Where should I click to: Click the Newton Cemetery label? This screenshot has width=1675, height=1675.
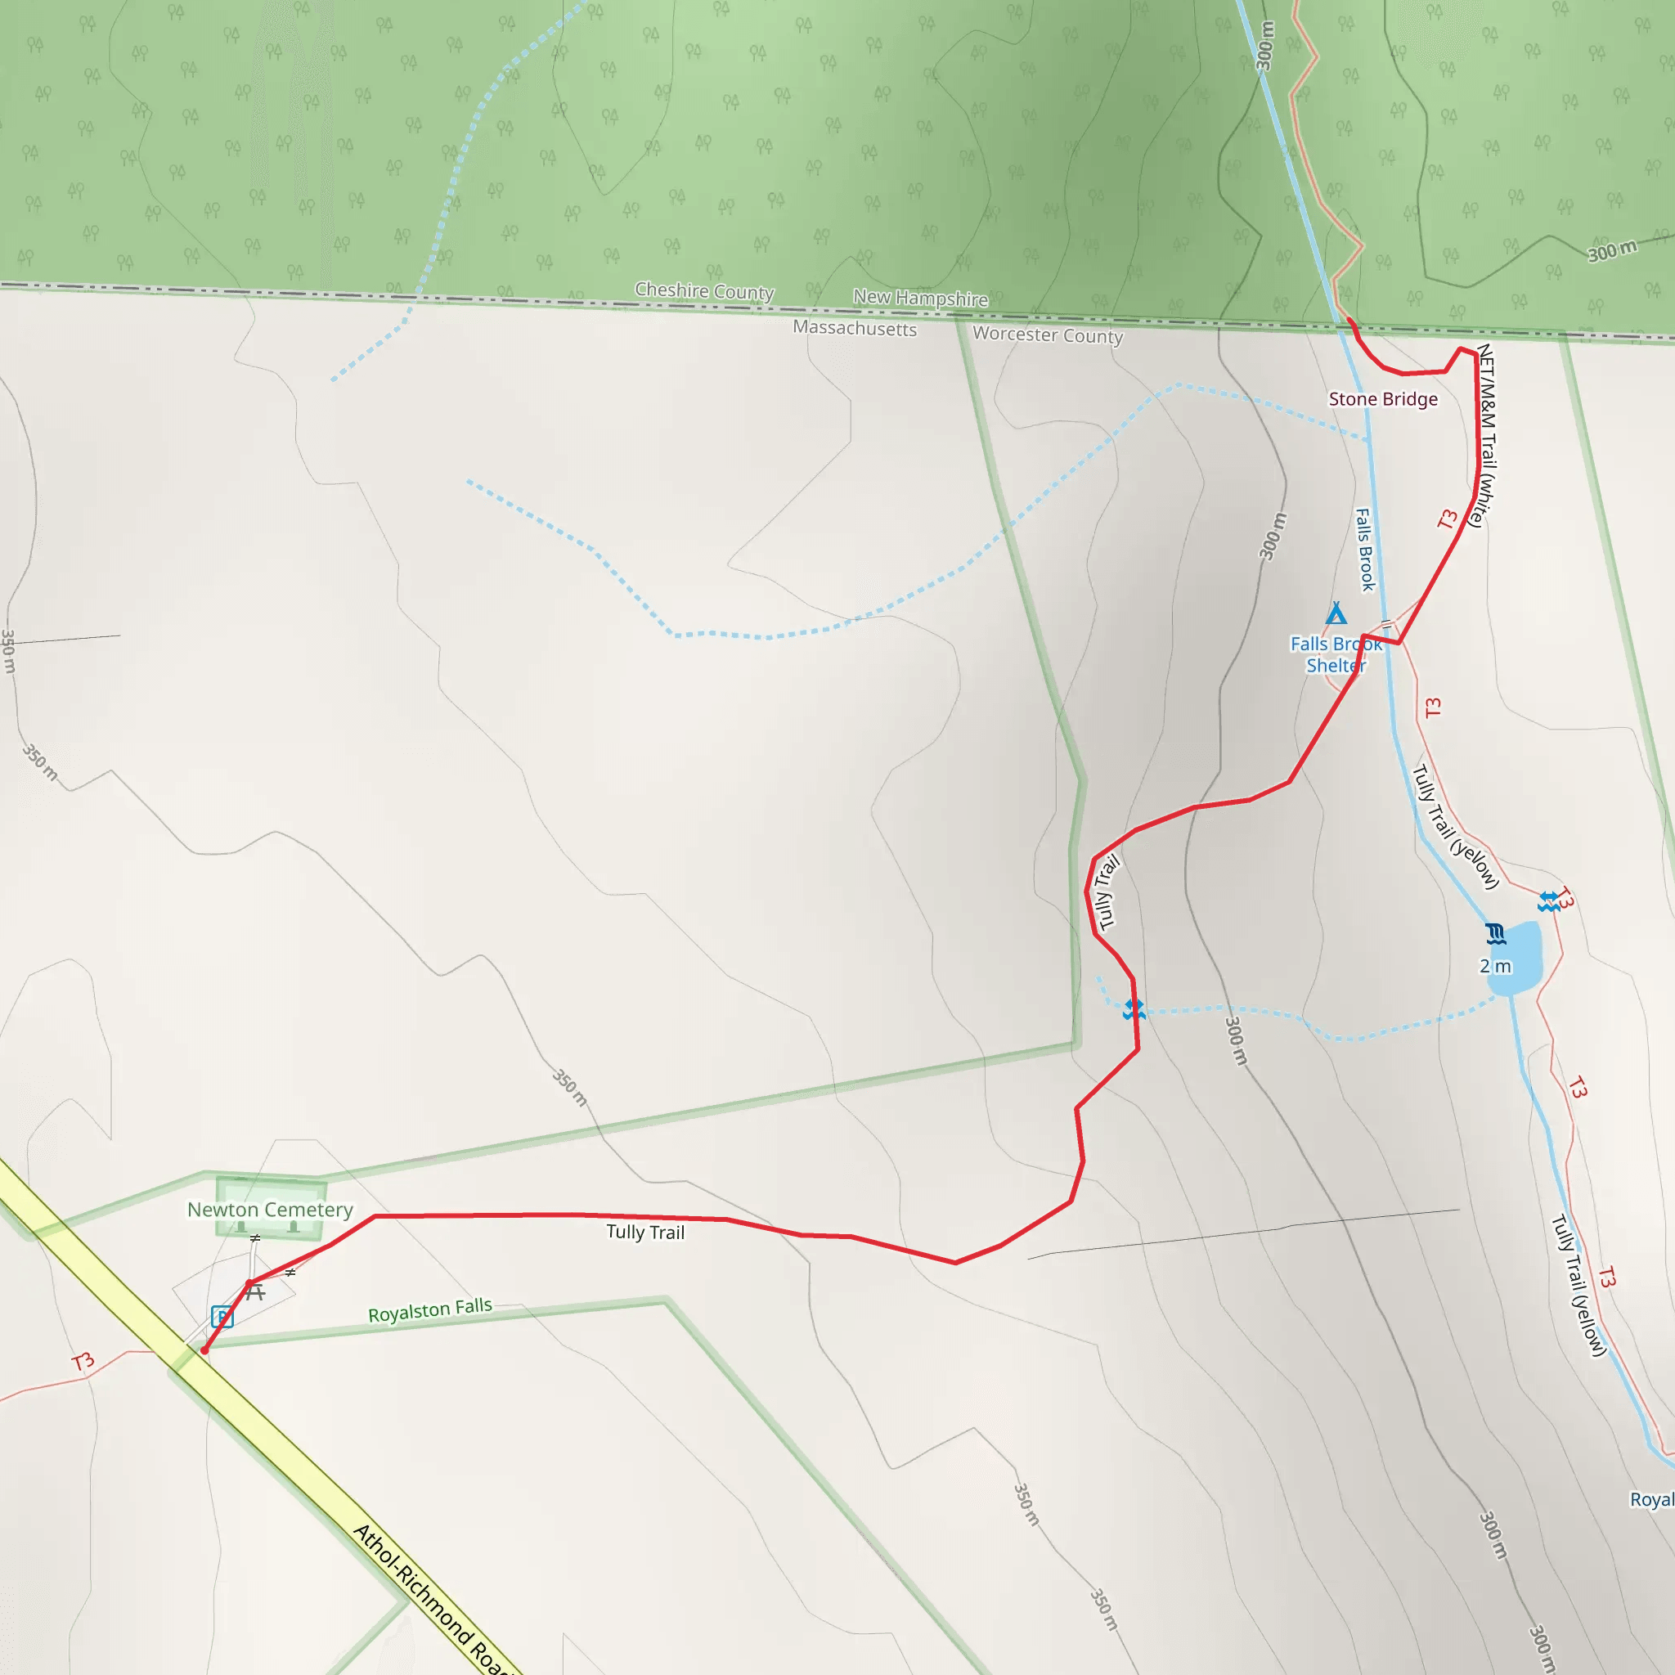[270, 1210]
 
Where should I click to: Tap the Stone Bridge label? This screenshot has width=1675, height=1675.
[1383, 399]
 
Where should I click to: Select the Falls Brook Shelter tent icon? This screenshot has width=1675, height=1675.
[1336, 614]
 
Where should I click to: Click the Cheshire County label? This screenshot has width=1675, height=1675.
[704, 290]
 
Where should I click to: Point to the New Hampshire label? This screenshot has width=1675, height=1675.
[920, 298]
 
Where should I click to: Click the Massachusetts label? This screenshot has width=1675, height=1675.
[854, 328]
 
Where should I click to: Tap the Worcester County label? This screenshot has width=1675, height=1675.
[1048, 335]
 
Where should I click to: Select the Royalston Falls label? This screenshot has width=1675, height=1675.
[430, 1310]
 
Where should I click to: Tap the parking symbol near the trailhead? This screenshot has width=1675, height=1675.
[222, 1317]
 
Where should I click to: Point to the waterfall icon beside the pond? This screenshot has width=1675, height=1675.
[1496, 934]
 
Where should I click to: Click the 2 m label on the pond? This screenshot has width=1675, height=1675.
[1495, 966]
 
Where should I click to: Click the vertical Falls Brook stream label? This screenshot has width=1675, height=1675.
[1365, 550]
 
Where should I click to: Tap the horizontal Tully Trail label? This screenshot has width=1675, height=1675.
[645, 1232]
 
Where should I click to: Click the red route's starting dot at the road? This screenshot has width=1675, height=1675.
[204, 1349]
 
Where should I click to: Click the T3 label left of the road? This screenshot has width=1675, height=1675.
[83, 1361]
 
